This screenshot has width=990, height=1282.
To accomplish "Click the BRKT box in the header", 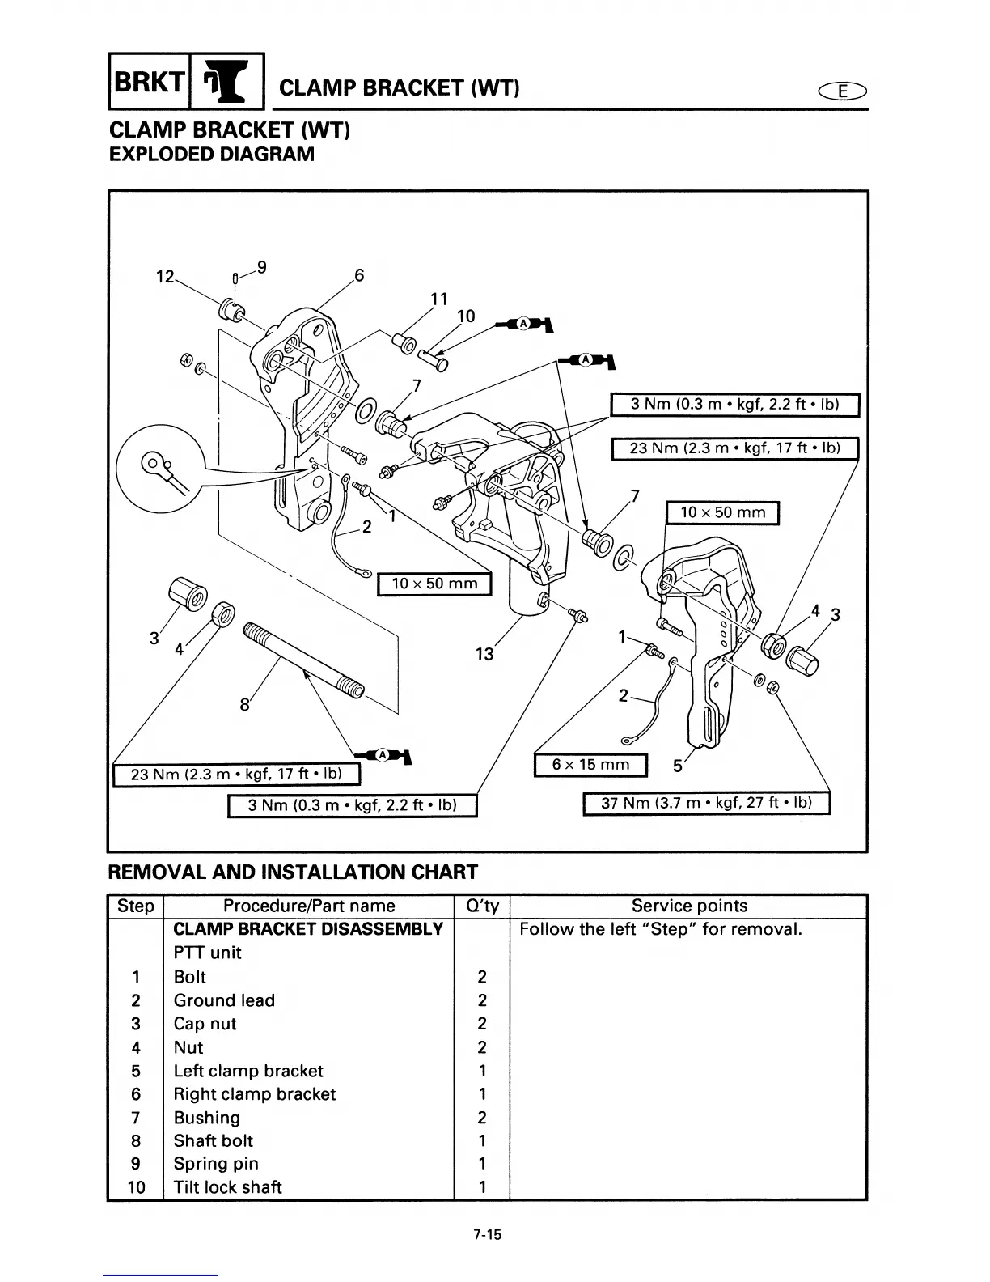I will [148, 81].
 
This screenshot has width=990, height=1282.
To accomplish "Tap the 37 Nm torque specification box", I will [706, 803].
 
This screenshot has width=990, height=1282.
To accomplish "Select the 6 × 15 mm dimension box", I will [590, 765].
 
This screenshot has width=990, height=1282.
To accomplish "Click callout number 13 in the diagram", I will [484, 654].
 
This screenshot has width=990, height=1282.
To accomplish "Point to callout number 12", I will [165, 277].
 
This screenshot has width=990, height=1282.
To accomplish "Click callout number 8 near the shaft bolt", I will [245, 705].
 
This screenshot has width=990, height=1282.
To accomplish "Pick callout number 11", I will [438, 299].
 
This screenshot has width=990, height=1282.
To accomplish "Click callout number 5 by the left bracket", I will [678, 766].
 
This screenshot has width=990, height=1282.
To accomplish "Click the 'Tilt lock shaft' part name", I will [227, 1187].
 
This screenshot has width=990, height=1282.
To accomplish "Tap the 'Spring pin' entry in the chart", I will [216, 1164].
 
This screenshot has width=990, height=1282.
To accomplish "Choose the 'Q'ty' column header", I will [481, 906].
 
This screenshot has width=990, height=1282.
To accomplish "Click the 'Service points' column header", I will [689, 906].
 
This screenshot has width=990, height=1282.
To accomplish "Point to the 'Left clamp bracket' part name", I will [248, 1071].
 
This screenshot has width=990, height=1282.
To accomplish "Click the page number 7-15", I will [489, 1235].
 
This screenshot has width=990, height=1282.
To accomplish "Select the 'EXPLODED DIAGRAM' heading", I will [211, 154].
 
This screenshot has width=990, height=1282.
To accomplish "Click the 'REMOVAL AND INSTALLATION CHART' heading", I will [293, 872].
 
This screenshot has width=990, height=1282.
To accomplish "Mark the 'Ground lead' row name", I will [224, 1000].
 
